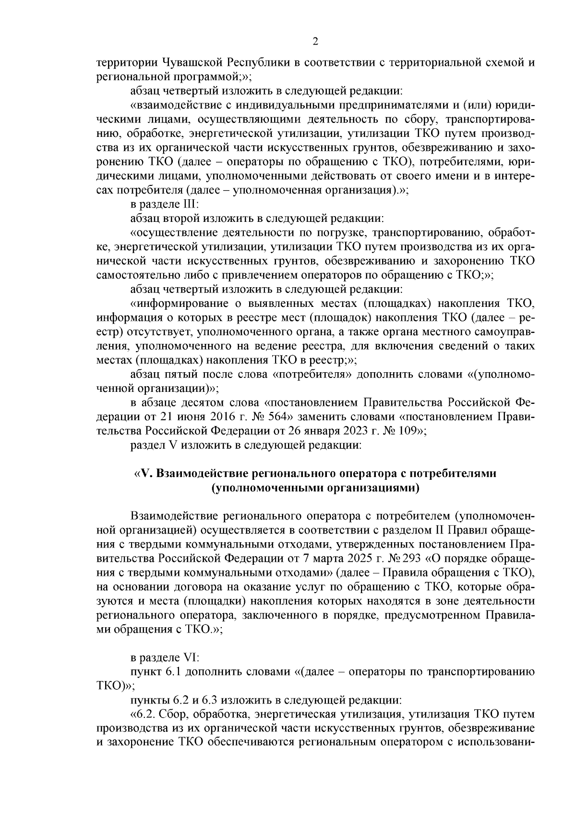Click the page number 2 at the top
coord(315,41)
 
